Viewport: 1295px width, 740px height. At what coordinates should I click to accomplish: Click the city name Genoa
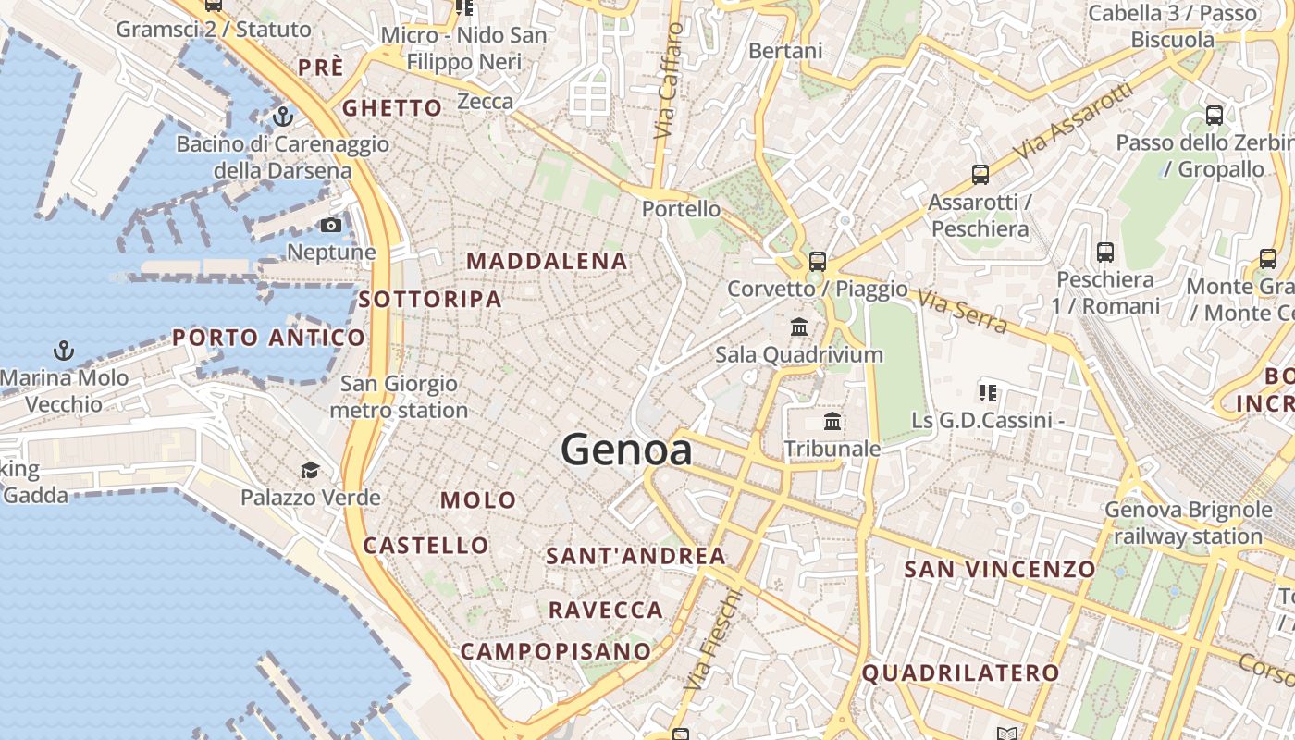click(x=626, y=450)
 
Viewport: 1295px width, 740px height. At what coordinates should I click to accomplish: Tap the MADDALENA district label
click(x=547, y=262)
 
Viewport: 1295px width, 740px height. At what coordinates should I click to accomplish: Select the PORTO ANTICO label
click(x=269, y=338)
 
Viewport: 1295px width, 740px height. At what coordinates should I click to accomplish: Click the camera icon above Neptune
click(x=330, y=226)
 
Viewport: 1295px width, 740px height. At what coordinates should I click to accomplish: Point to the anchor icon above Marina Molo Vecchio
click(x=64, y=351)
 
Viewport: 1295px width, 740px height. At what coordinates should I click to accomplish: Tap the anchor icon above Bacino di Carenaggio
click(x=283, y=117)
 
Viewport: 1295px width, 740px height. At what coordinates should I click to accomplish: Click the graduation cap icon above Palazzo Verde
click(x=310, y=471)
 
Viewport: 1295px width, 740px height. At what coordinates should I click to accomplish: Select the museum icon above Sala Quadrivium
click(x=799, y=327)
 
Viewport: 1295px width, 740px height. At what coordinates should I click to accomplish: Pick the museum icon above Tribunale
click(x=832, y=422)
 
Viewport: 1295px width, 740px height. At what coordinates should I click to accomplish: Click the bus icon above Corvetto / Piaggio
click(x=817, y=261)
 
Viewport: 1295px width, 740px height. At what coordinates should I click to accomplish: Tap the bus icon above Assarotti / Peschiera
click(x=980, y=174)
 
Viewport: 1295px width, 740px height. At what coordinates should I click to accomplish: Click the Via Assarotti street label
click(x=1072, y=121)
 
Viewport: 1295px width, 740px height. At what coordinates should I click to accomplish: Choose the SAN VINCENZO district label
click(x=1000, y=569)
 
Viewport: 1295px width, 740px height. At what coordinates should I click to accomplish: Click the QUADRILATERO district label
click(x=960, y=673)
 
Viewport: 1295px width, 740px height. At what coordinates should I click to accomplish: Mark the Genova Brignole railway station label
click(x=1189, y=523)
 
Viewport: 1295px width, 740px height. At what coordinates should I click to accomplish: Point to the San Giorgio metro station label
click(x=399, y=397)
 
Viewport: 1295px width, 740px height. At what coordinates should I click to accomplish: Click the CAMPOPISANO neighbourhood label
click(x=556, y=651)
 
